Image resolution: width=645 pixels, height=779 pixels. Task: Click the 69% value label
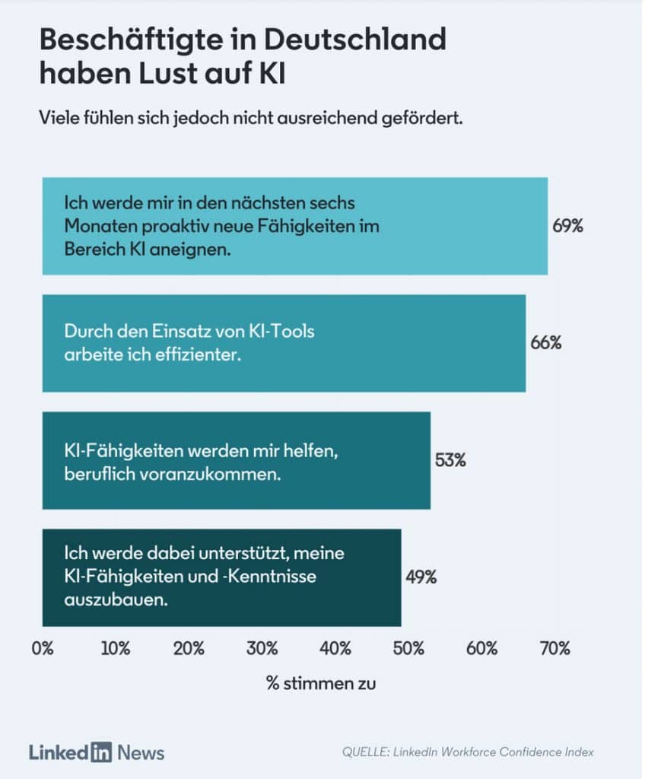567,225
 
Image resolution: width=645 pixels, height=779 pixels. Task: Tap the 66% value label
545,342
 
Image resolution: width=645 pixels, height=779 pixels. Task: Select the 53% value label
450,460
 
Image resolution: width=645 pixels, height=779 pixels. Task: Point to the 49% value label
421,577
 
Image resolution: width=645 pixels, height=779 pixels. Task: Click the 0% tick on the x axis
43,648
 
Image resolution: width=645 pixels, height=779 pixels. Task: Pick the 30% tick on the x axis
262,648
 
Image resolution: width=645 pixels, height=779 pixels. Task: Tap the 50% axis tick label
408,648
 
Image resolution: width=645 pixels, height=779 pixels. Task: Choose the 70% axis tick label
555,648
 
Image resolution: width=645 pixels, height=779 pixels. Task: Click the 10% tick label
116,648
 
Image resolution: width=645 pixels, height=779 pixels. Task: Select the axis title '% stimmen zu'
321,683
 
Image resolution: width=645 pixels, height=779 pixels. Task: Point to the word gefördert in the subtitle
422,118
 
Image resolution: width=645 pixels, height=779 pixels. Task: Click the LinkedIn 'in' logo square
101,752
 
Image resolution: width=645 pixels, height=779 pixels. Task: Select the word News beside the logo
141,752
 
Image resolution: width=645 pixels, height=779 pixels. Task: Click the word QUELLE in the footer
365,752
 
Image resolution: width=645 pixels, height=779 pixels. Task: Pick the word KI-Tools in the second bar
281,331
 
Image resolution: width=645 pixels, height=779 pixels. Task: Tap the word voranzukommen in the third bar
210,474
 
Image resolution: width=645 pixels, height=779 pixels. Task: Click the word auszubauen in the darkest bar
116,599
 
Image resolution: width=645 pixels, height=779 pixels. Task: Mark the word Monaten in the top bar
100,226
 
